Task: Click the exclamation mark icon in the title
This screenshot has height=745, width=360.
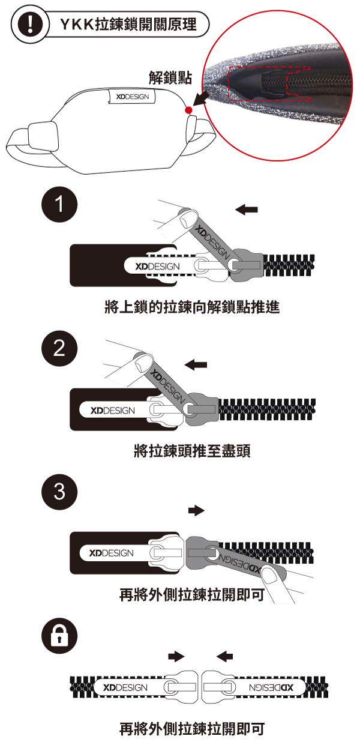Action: pyautogui.click(x=26, y=26)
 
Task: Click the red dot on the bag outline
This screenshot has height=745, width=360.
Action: pyautogui.click(x=188, y=110)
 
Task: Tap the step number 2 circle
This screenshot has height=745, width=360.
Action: pyautogui.click(x=59, y=351)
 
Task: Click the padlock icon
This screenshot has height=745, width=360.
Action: pyautogui.click(x=59, y=637)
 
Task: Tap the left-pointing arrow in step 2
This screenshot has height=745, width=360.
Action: pyautogui.click(x=196, y=364)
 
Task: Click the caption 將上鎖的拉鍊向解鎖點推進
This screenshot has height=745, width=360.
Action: pyautogui.click(x=192, y=308)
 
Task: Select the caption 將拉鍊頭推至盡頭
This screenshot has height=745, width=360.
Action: pyautogui.click(x=191, y=451)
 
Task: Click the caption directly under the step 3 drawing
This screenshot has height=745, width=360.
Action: pyautogui.click(x=192, y=594)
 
